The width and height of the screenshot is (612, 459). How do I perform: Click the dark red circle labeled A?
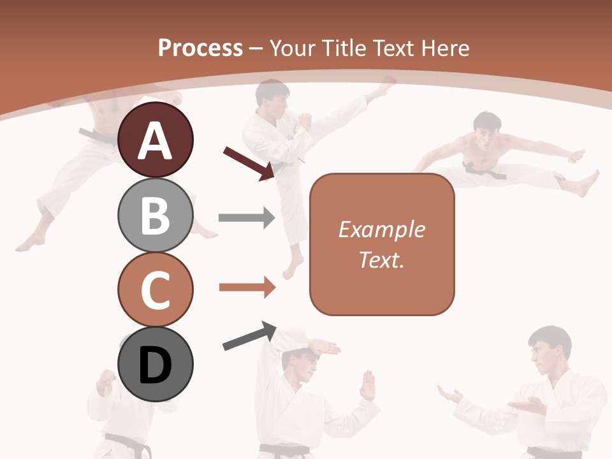(155, 140)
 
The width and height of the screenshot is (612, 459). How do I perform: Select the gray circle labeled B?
(155, 215)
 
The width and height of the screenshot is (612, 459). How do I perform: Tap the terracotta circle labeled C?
(155, 289)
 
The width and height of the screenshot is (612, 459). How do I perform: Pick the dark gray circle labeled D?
(155, 364)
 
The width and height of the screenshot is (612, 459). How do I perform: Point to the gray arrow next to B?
(246, 218)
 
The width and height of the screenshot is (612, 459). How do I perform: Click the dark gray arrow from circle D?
(249, 336)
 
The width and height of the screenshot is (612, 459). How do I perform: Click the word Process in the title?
(200, 48)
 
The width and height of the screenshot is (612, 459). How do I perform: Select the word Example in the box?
(381, 229)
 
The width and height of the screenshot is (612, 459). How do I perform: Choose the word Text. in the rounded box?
(381, 259)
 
